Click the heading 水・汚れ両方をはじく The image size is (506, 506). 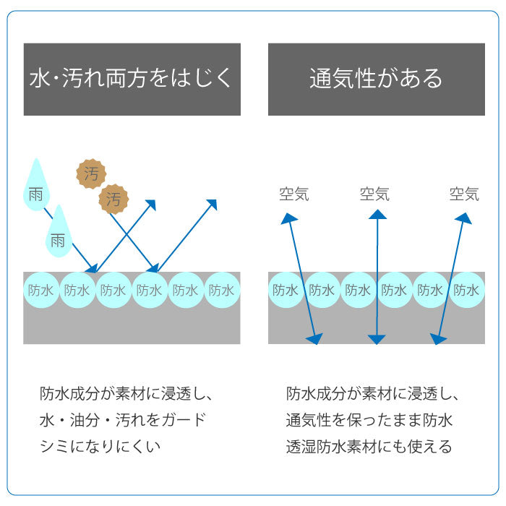tap(132, 79)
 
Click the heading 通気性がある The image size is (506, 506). tap(376, 79)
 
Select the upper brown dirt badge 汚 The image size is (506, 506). tap(91, 173)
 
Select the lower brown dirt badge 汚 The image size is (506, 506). tap(113, 199)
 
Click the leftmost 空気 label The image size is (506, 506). tap(294, 194)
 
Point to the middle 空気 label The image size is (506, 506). tap(374, 194)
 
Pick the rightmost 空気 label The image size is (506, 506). tap(464, 194)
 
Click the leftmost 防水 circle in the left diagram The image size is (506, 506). tap(41, 291)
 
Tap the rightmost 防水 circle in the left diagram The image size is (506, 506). tap(221, 291)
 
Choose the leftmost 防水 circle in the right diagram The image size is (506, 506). tap(286, 291)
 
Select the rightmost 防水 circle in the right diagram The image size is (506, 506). tap(466, 291)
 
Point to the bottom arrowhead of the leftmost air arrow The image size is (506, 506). tap(315, 338)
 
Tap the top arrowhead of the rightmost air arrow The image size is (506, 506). tap(463, 217)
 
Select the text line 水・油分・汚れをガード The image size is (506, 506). tap(123, 420)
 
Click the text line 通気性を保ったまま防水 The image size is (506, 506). tap(369, 420)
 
